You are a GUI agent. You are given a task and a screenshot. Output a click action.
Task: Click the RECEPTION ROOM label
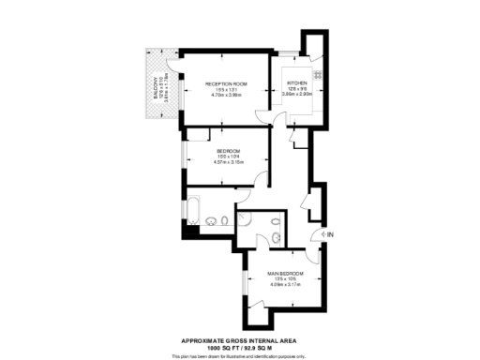(226, 83)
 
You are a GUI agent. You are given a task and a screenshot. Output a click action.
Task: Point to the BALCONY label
(157, 89)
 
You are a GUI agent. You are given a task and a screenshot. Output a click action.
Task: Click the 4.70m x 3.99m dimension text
(226, 95)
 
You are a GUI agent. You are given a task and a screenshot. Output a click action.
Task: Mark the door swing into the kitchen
(280, 117)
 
